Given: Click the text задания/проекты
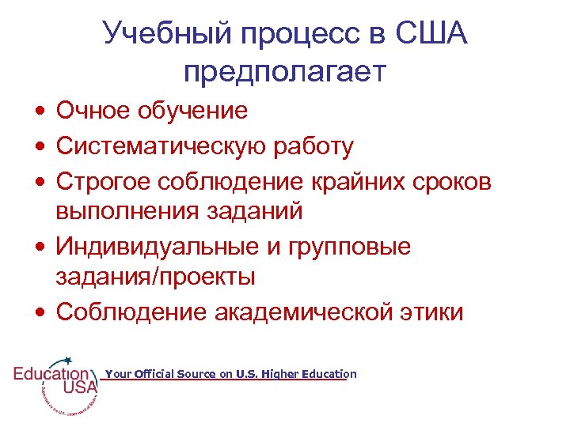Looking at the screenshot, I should [155, 277].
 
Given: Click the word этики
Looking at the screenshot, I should [435, 312].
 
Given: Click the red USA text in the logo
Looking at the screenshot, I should [80, 387].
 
